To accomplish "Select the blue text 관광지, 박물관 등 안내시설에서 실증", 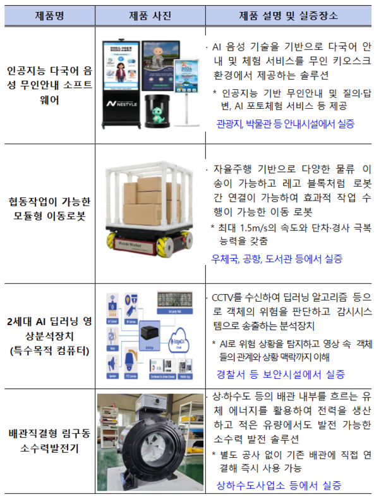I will pyautogui.click(x=285, y=124).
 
